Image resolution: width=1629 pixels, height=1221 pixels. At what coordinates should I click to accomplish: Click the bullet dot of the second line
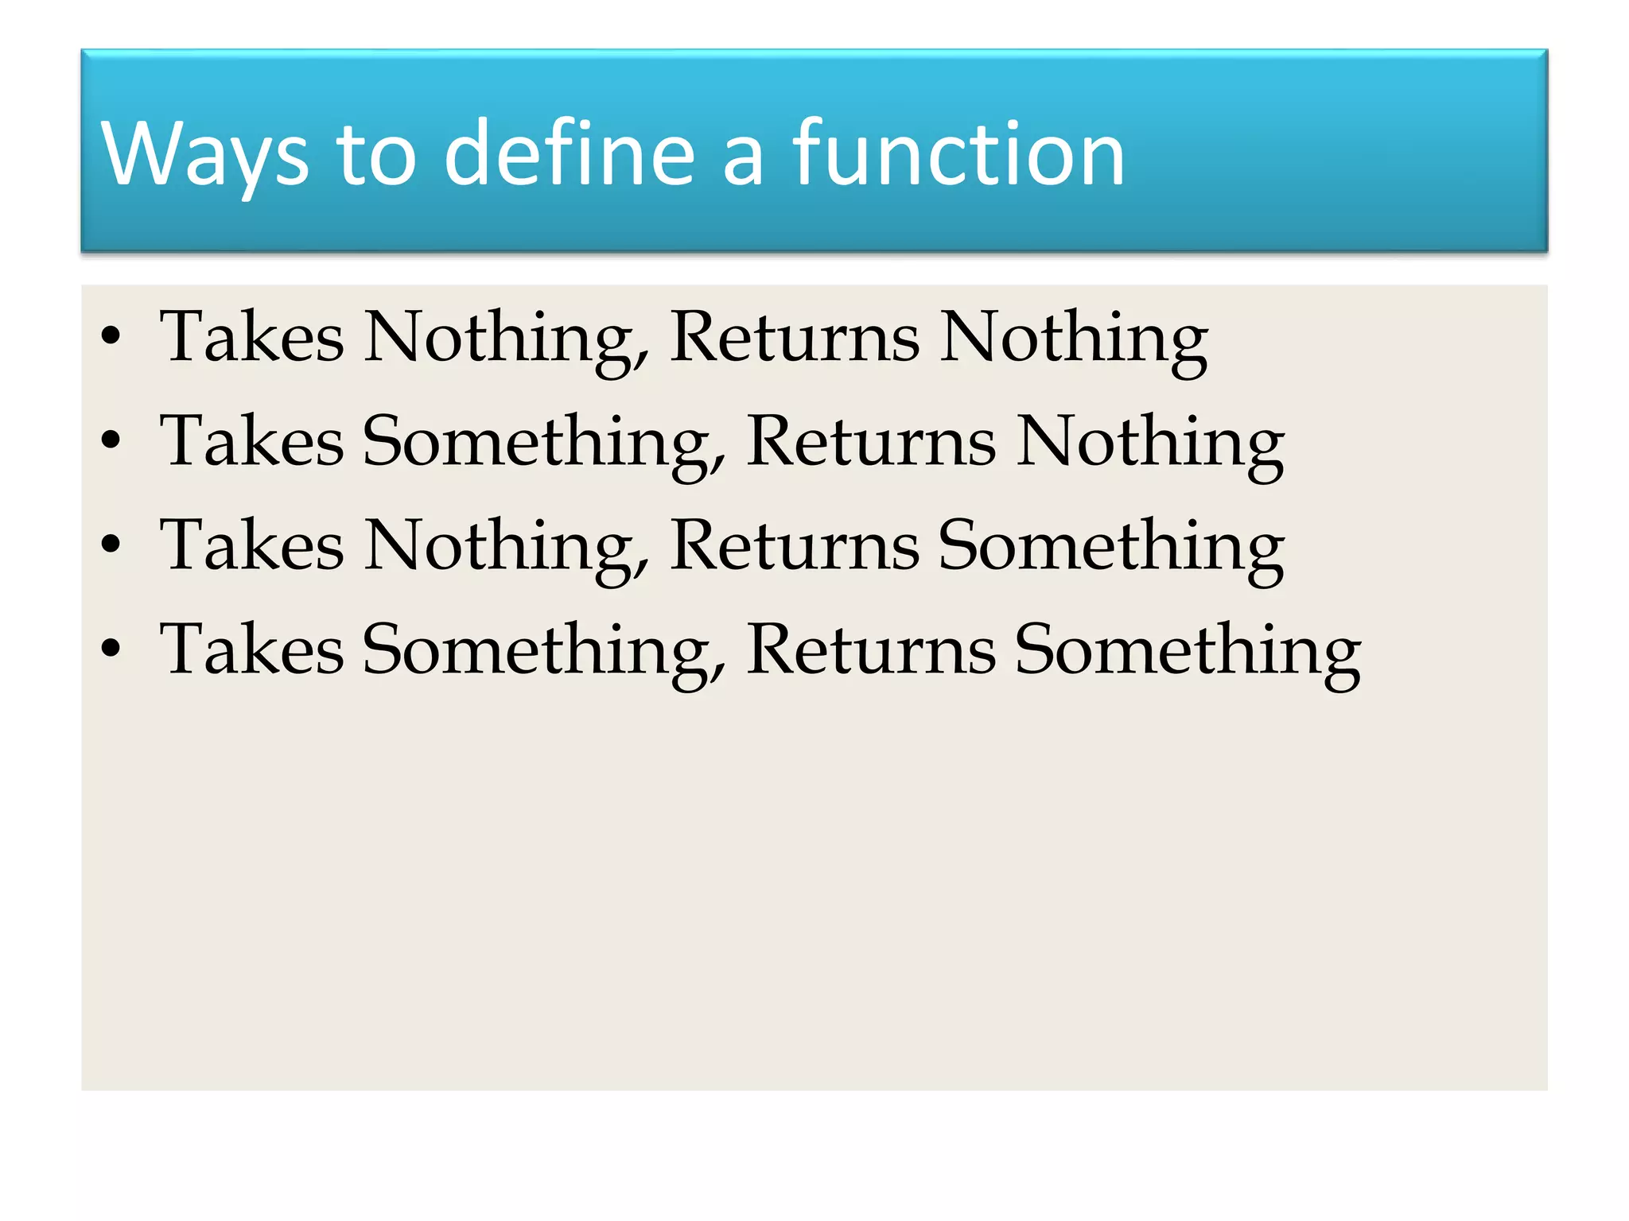(x=111, y=440)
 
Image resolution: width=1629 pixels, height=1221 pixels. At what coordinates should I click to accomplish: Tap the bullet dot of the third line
(x=111, y=545)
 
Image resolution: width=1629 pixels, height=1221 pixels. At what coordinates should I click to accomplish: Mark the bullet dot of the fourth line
(x=111, y=649)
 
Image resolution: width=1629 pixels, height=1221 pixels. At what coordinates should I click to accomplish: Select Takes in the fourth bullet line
(x=252, y=649)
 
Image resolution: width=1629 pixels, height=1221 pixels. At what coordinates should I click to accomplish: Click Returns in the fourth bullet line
(x=871, y=649)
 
